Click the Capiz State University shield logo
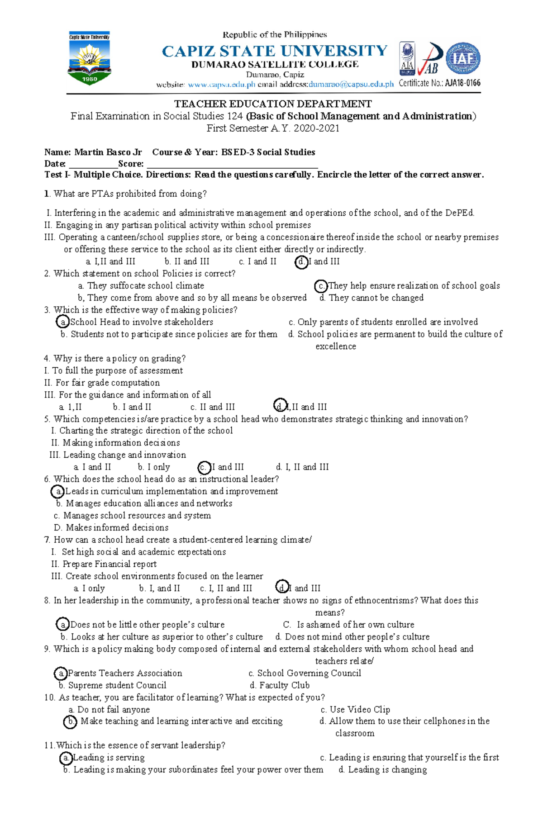[89, 58]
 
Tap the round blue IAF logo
[463, 58]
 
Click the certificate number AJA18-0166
[462, 83]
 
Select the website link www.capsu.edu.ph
[222, 84]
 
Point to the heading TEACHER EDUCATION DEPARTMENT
[273, 104]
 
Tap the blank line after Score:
[232, 164]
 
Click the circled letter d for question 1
[301, 262]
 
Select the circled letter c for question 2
[321, 286]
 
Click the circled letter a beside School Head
[63, 322]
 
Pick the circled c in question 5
[204, 467]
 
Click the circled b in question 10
[70, 722]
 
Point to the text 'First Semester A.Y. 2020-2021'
[273, 128]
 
